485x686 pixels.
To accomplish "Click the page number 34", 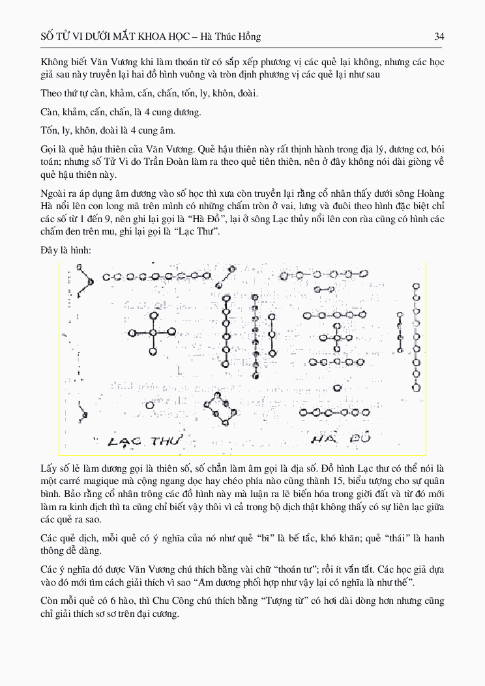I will click(x=439, y=36).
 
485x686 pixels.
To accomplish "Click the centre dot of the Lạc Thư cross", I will click(x=153, y=332).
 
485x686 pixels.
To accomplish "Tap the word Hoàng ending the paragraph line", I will click(x=430, y=193).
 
